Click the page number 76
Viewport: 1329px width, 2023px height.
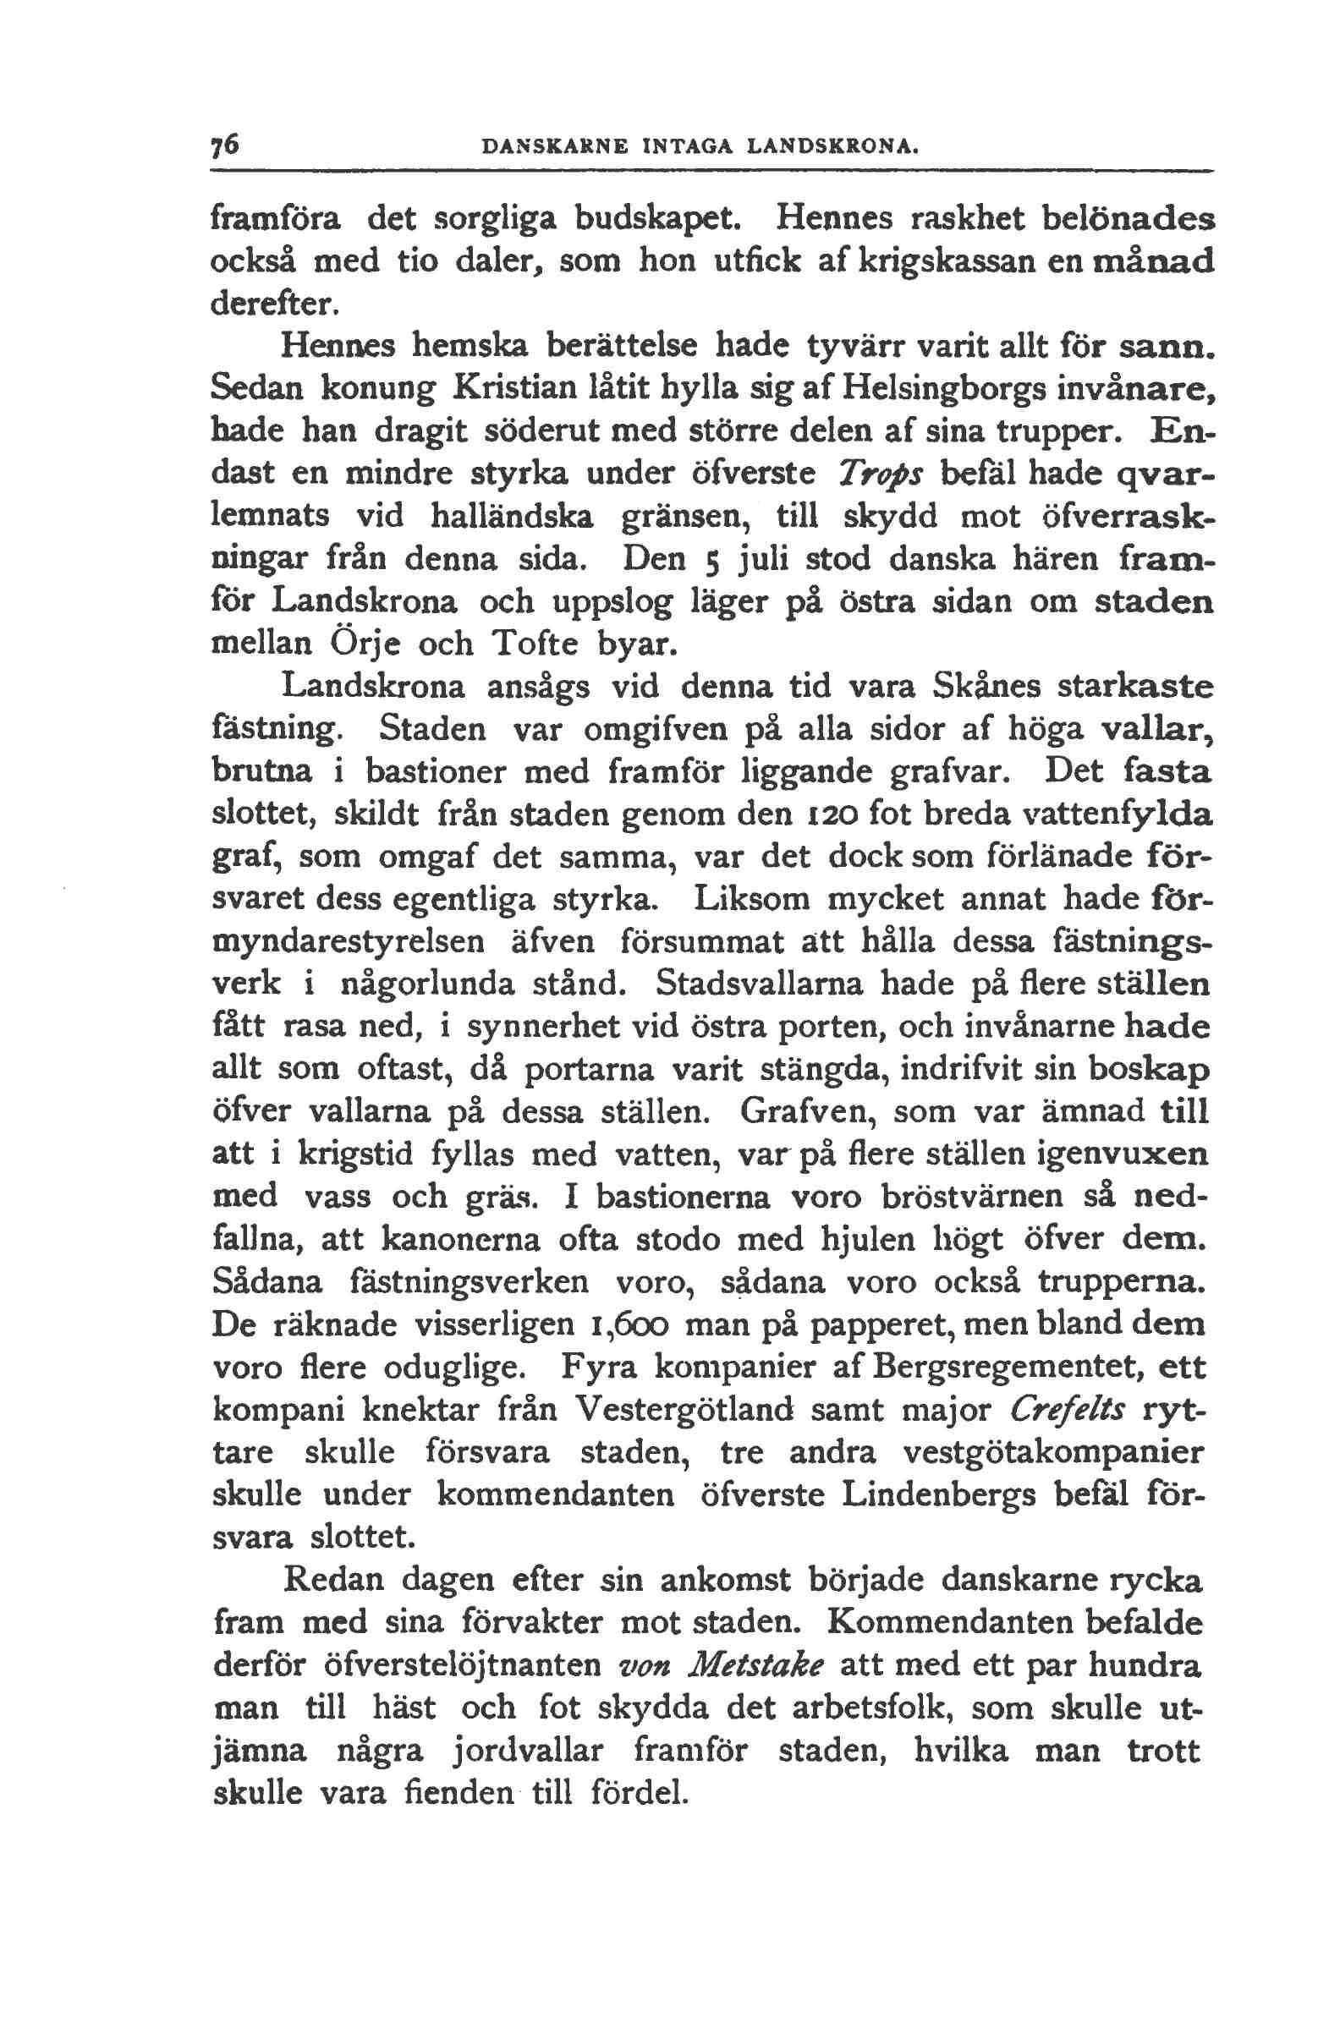227,145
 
